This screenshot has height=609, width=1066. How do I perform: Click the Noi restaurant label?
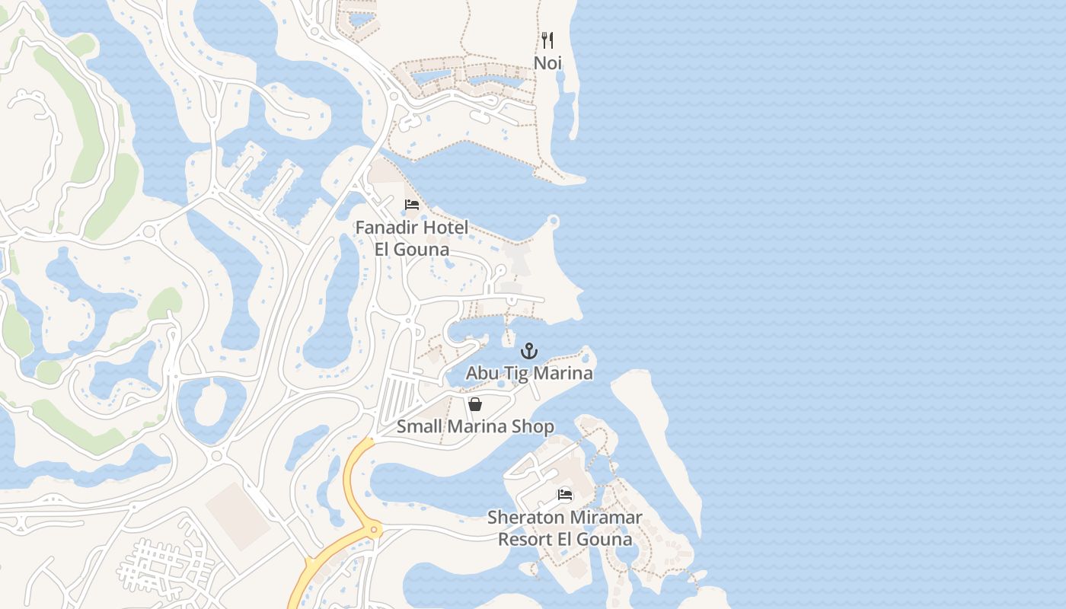tap(547, 62)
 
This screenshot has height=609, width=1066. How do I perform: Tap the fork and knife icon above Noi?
tap(547, 40)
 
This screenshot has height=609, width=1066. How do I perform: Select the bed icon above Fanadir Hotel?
tap(412, 205)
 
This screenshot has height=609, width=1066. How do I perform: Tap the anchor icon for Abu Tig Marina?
tap(528, 351)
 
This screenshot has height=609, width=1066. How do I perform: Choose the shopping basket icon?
tap(475, 404)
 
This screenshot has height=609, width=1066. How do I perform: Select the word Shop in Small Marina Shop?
tap(533, 427)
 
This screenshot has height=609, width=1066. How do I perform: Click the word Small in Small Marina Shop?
tap(418, 427)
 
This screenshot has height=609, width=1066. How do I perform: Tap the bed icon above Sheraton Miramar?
tap(564, 494)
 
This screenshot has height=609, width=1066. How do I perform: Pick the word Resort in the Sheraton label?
tap(524, 540)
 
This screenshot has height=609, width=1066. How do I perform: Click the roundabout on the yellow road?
tap(374, 528)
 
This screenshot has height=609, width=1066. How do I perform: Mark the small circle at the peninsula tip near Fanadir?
tap(554, 222)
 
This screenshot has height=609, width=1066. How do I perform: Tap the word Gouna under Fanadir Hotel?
tap(423, 250)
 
